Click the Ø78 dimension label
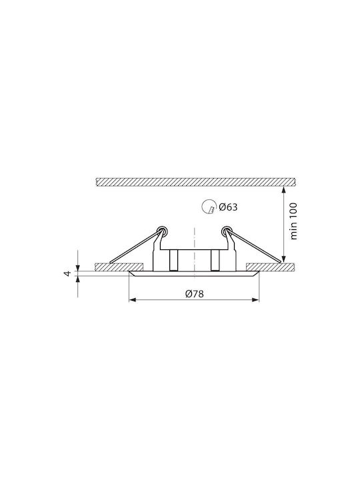pyautogui.click(x=194, y=294)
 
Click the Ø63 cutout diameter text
pyautogui.click(x=228, y=207)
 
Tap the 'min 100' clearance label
pyautogui.click(x=293, y=221)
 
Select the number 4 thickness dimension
pyautogui.click(x=68, y=273)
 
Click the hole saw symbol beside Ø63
pyautogui.click(x=208, y=206)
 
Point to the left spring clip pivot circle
pyautogui.click(x=161, y=231)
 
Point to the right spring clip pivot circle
pyautogui.click(x=227, y=231)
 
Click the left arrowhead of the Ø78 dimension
pyautogui.click(x=132, y=300)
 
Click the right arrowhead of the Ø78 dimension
pyautogui.click(x=255, y=300)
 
